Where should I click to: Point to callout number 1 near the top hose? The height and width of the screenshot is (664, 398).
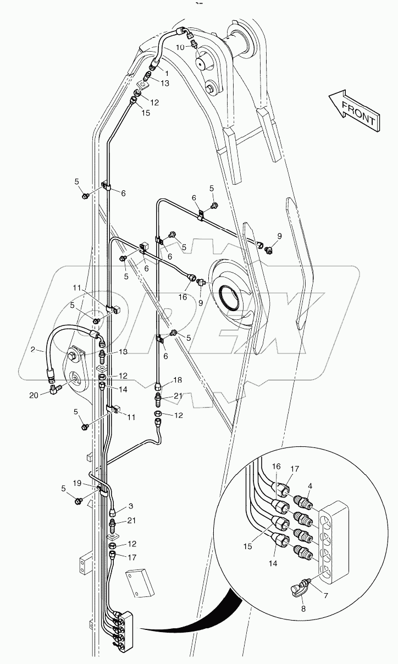pos(166,72)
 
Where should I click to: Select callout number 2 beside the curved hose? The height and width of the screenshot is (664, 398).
pos(33,350)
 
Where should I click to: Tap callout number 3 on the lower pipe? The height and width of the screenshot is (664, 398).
pos(131,506)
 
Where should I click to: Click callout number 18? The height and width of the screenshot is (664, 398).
pos(177,380)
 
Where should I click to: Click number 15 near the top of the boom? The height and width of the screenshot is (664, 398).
pos(146,113)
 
